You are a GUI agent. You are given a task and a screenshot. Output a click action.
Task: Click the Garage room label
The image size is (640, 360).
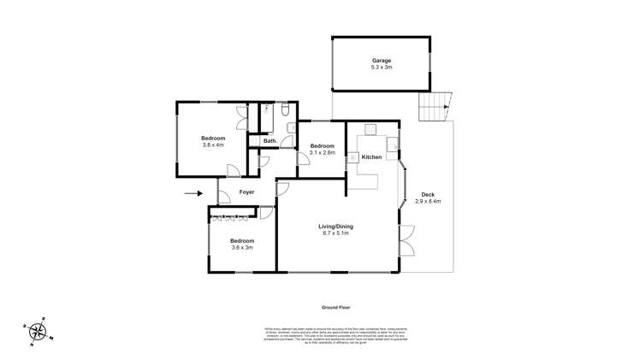point(381,61)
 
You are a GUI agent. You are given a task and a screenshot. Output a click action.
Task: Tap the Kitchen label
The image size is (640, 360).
point(370,157)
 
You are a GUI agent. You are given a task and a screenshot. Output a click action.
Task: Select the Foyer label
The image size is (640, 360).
point(247,192)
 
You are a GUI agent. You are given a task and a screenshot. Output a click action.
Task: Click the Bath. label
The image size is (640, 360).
point(270,141)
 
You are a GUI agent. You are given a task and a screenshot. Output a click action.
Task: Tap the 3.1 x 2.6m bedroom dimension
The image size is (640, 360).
point(322,152)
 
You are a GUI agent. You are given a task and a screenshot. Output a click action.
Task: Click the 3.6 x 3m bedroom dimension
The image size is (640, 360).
point(241,248)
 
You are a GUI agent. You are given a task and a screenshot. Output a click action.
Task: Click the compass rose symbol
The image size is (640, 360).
point(38,332)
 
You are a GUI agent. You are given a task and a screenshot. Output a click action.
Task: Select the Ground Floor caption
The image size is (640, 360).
point(336,307)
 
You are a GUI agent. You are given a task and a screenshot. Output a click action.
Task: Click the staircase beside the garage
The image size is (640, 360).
point(435,108)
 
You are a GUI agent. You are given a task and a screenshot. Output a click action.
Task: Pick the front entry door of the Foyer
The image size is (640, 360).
point(223,197)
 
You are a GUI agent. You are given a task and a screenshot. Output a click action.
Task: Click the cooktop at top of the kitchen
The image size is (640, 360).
point(370,130)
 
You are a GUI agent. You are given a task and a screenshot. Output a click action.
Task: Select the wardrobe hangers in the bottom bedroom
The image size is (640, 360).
point(235,218)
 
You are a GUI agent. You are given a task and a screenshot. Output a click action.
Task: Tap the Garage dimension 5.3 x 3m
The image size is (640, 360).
point(381,68)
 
